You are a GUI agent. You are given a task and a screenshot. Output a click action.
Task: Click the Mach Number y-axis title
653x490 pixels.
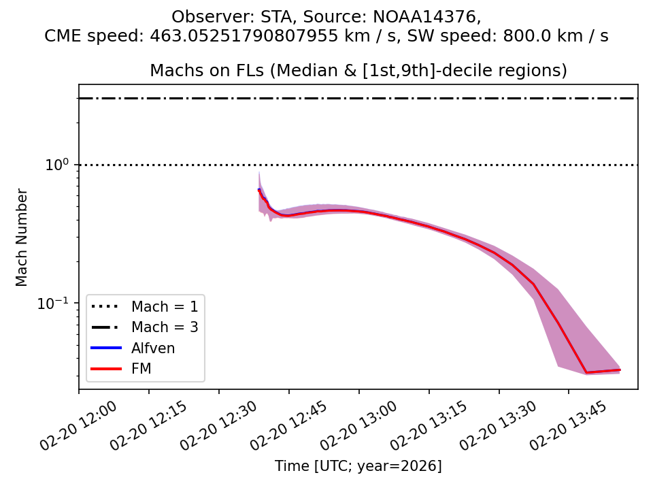[x=22, y=237]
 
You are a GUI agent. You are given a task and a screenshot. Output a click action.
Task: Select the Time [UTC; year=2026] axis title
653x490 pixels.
[x=358, y=466]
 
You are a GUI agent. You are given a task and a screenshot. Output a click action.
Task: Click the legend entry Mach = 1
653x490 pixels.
[x=165, y=306]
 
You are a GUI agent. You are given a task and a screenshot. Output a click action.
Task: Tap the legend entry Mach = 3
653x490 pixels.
[x=165, y=327]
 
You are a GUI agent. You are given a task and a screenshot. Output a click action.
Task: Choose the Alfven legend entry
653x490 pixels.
[x=153, y=348]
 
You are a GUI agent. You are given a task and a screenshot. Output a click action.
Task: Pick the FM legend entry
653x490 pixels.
[x=141, y=370]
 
